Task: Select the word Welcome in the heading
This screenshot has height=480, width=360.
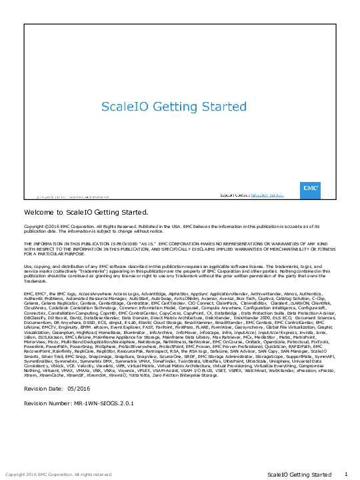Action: point(37,213)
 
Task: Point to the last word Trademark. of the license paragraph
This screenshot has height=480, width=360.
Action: point(35,282)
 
